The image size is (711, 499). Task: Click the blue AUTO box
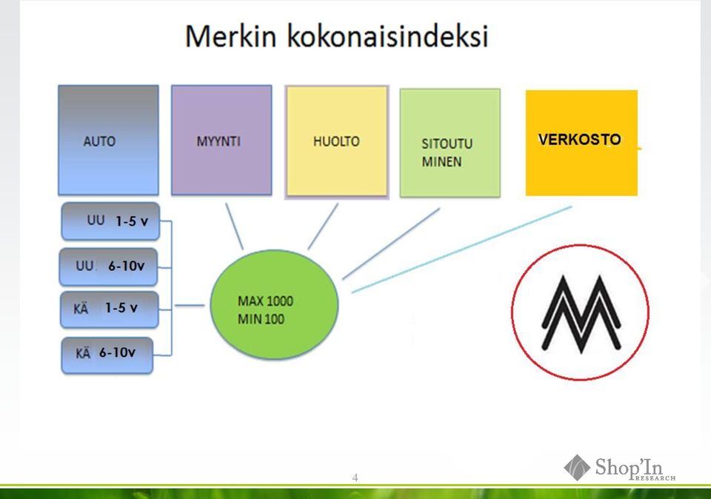pyautogui.click(x=108, y=140)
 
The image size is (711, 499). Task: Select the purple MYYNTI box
pyautogui.click(x=221, y=140)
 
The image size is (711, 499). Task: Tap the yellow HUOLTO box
pyautogui.click(x=336, y=141)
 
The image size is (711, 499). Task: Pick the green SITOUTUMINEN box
pyautogui.click(x=450, y=143)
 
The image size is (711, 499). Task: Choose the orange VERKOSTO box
pyautogui.click(x=581, y=143)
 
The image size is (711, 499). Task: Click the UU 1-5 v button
pyautogui.click(x=110, y=221)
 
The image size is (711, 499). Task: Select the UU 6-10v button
pyautogui.click(x=108, y=267)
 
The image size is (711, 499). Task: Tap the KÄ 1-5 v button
pyautogui.click(x=110, y=309)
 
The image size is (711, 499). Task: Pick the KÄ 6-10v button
pyautogui.click(x=107, y=355)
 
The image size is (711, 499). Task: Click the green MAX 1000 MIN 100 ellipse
pyautogui.click(x=274, y=304)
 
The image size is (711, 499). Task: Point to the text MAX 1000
pyautogui.click(x=265, y=301)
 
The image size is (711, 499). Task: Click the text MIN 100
pyautogui.click(x=261, y=319)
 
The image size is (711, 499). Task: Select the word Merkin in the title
pyautogui.click(x=231, y=36)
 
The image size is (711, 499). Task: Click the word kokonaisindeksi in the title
pyautogui.click(x=387, y=36)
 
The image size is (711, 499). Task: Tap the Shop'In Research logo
pyautogui.click(x=620, y=468)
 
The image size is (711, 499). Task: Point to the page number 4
pyautogui.click(x=355, y=478)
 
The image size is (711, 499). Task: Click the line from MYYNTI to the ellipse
pyautogui.click(x=235, y=226)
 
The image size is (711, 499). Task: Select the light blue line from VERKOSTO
pyautogui.click(x=461, y=249)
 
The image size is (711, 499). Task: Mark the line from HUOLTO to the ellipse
pyautogui.click(x=324, y=226)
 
